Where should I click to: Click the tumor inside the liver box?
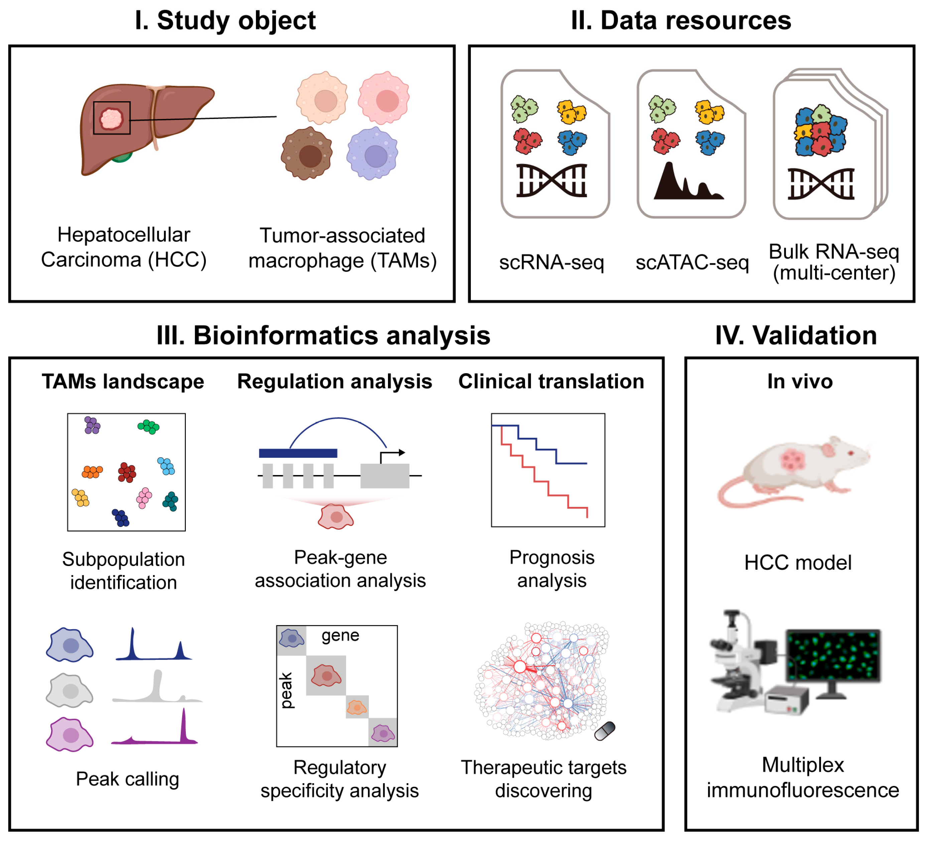click(111, 119)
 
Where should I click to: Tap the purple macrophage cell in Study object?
click(373, 154)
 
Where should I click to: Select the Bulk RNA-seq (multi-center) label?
click(834, 262)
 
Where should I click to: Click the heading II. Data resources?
click(681, 21)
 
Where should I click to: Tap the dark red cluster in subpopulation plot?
click(127, 472)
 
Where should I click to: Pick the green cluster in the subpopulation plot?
click(148, 427)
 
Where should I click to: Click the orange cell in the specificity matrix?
click(357, 707)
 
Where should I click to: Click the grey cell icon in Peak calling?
click(70, 690)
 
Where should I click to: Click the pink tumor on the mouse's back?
click(793, 460)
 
